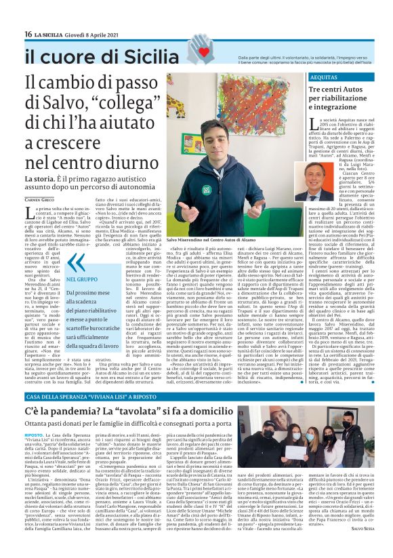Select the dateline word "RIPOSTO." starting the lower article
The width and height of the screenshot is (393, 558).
click(x=34, y=433)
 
